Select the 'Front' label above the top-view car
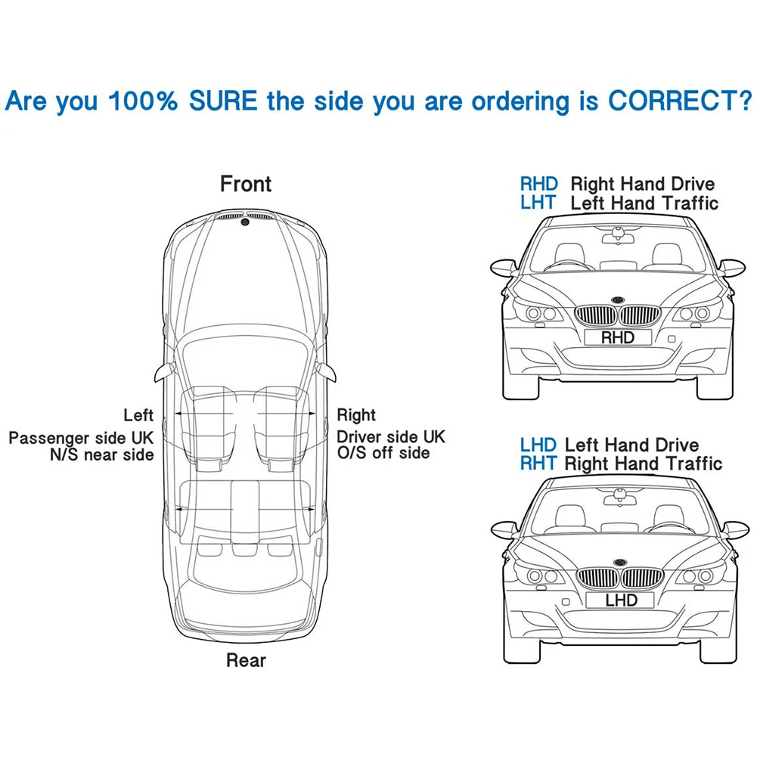[x=246, y=184]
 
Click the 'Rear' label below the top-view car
[x=246, y=660]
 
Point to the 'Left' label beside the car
[x=138, y=415]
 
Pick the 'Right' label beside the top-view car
[x=356, y=415]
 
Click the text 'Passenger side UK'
[x=81, y=438]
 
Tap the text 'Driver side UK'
[x=391, y=437]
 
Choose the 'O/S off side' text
[x=383, y=453]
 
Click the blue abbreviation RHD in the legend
[x=538, y=184]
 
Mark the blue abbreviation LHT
[x=538, y=202]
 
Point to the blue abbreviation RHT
[x=538, y=463]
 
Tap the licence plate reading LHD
[x=620, y=600]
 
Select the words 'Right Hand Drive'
[x=642, y=184]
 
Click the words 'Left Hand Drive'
[x=631, y=445]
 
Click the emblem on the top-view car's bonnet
[x=245, y=222]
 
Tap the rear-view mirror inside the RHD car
[x=618, y=237]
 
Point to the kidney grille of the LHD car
[x=619, y=581]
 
